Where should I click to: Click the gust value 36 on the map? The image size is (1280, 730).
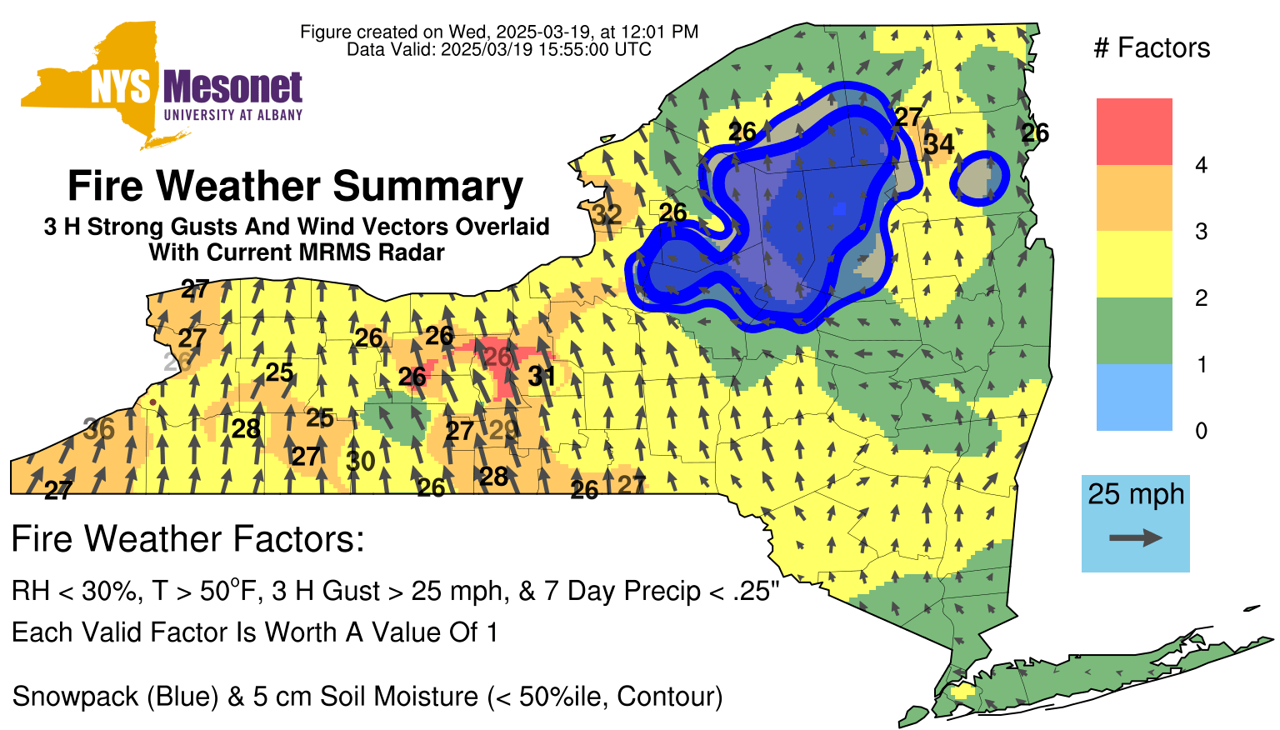(x=99, y=428)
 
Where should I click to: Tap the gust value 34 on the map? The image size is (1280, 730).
(x=939, y=144)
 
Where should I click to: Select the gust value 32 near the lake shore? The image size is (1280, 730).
(x=607, y=215)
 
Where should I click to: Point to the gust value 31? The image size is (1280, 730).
(x=541, y=376)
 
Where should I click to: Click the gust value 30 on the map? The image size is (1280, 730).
(x=361, y=461)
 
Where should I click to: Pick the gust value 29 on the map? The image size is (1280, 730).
(x=503, y=429)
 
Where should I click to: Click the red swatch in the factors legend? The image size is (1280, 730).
(x=1134, y=132)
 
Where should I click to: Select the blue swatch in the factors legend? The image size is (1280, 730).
(x=1134, y=397)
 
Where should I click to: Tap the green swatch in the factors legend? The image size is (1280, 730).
(x=1134, y=331)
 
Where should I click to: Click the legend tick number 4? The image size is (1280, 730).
(x=1201, y=165)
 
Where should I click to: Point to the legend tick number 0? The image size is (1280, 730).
(x=1201, y=431)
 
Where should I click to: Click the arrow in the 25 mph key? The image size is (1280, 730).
(x=1136, y=537)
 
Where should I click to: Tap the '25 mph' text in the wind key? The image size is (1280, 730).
(x=1136, y=494)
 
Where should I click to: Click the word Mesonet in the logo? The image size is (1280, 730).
(x=232, y=87)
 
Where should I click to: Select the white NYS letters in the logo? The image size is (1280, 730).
(x=121, y=88)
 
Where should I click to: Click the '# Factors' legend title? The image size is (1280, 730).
(x=1152, y=47)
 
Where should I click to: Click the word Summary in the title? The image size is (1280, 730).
(x=427, y=186)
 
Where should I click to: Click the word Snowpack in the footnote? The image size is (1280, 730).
(x=74, y=697)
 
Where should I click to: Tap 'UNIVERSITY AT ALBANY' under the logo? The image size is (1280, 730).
(x=233, y=115)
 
